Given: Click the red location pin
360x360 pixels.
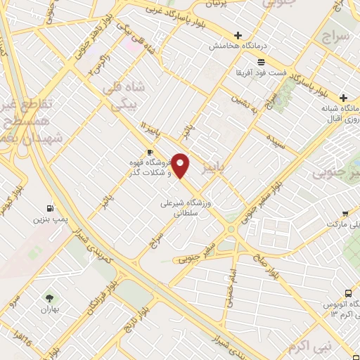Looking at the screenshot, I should [181, 165].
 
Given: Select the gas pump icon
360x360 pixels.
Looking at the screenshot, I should [49, 208].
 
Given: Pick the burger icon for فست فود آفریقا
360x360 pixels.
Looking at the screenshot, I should [239, 72].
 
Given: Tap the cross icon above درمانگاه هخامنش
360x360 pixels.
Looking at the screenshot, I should [238, 35].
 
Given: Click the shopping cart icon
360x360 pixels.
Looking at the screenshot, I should [345, 214].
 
